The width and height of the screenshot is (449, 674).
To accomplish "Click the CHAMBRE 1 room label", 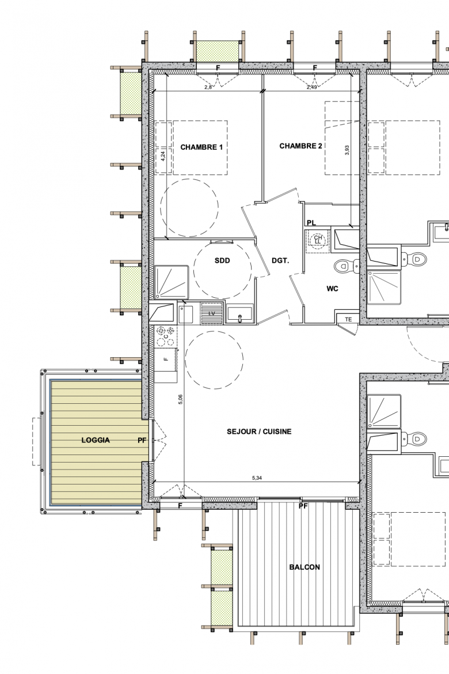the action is pos(201,147).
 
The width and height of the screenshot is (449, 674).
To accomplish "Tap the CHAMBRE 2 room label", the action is pos(300,146).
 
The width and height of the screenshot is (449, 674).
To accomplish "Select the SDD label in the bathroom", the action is pos(222,260).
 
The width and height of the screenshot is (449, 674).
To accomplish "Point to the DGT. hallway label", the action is pos(280,260).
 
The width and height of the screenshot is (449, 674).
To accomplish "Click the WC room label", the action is pos(332,289).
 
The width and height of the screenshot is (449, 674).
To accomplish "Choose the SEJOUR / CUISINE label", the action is pos(259,431).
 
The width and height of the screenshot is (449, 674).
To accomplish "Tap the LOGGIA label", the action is pos(96,440).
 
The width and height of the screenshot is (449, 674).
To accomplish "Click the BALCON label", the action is pos(305,567).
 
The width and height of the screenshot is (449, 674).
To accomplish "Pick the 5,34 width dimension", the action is pos(257,478).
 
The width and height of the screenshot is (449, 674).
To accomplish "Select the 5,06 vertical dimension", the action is pos(180,400).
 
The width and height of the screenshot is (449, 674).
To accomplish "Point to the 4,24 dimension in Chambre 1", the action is pos(163,156).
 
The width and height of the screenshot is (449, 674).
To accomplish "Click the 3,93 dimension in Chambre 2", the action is pos(347,150).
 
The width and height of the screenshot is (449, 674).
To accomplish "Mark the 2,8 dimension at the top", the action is pos(208,87).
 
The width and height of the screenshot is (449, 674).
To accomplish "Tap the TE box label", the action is pos(348,319).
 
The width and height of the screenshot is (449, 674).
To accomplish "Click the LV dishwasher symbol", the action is pos(212,313).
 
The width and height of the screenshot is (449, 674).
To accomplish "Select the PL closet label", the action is pos(311,223).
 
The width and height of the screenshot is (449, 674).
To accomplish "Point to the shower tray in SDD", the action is pos(172,282).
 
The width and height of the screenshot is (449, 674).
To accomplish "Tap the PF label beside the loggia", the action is pos(142,440).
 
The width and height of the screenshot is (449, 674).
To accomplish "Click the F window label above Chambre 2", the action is pos(315,68).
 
